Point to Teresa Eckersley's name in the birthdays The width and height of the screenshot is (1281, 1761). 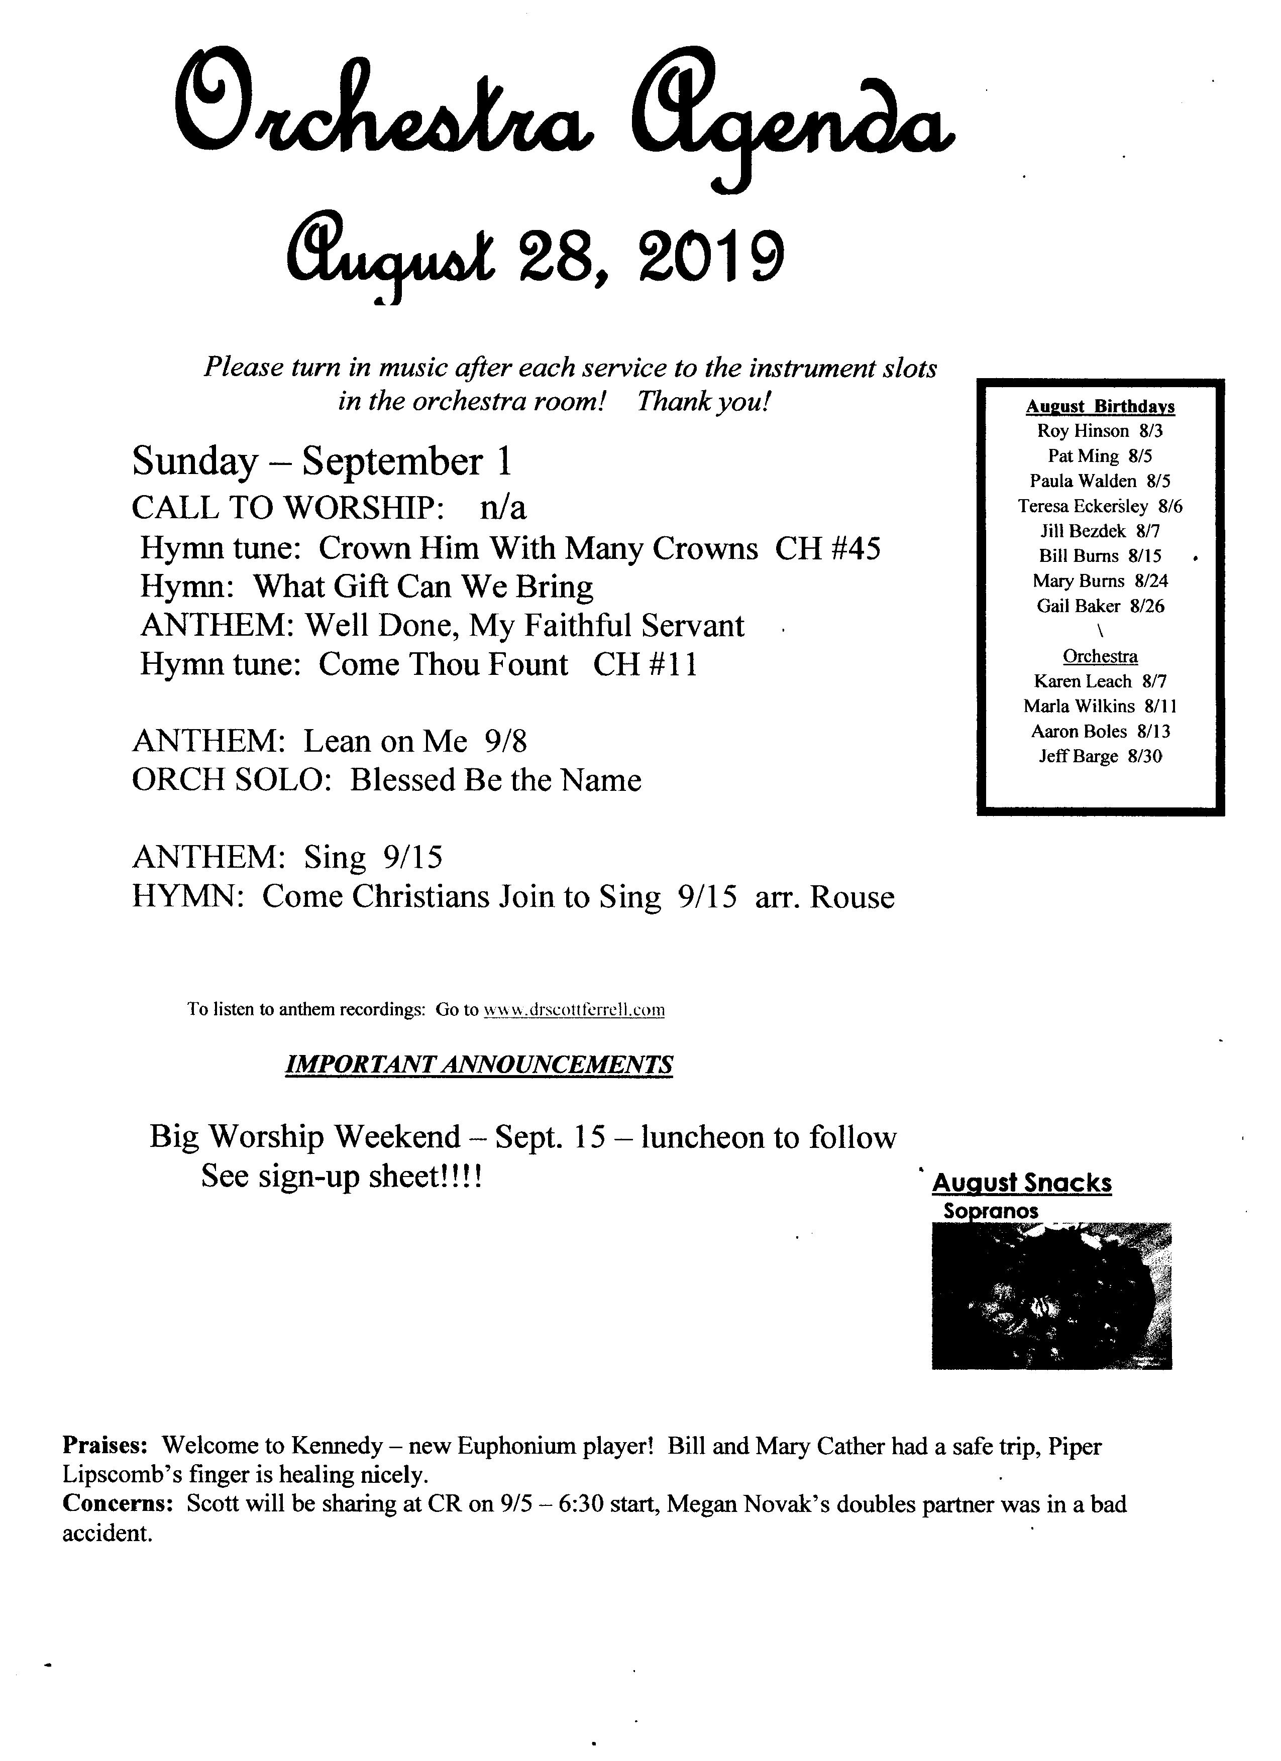(x=1083, y=506)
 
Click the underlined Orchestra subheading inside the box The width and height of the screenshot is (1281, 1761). (x=1100, y=656)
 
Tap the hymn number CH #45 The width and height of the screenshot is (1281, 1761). (x=828, y=548)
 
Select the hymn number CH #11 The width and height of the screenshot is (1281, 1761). (x=645, y=665)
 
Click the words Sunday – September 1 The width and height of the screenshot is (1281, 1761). (x=322, y=461)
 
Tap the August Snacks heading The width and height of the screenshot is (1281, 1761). (x=1022, y=1184)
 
